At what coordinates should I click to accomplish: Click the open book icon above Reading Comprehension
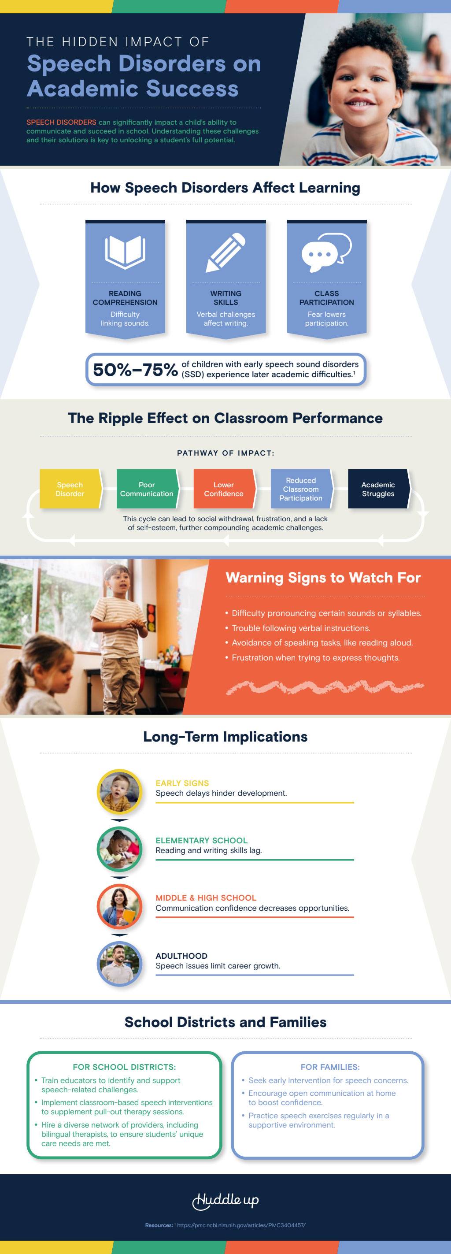click(125, 252)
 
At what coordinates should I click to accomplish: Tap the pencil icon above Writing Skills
click(226, 252)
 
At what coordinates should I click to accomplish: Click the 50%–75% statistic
click(135, 370)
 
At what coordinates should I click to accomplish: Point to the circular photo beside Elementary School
click(120, 850)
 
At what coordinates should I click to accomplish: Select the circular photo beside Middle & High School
click(120, 907)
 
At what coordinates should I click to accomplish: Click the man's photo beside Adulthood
click(120, 965)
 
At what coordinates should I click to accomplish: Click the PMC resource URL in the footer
click(241, 1225)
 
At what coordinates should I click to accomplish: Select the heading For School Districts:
click(124, 1067)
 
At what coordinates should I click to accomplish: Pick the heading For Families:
click(330, 1067)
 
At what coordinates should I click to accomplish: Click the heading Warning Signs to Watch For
click(323, 578)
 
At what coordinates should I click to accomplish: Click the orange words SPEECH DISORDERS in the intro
click(61, 122)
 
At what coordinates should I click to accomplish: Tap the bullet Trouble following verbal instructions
click(301, 628)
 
